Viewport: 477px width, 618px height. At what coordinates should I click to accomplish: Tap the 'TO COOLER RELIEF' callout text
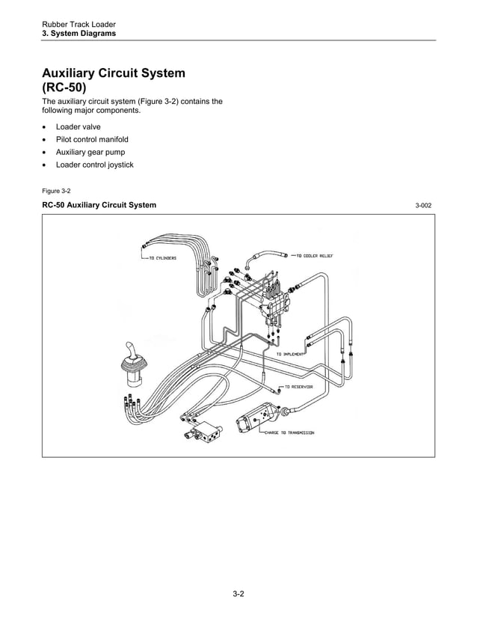tap(314, 255)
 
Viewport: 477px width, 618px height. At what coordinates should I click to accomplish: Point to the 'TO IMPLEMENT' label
tap(290, 353)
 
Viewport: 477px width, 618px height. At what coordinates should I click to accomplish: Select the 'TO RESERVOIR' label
tap(298, 387)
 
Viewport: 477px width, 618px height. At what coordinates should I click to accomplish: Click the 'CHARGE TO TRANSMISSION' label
tap(288, 432)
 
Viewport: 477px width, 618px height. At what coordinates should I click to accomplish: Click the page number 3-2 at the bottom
tap(238, 595)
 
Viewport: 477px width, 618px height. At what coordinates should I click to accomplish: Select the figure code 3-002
tap(424, 206)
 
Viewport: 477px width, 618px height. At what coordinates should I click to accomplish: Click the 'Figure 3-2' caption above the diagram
tap(56, 191)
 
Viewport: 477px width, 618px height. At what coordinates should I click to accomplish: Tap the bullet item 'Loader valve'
tap(78, 127)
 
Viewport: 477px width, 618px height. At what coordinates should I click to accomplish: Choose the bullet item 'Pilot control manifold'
tap(92, 140)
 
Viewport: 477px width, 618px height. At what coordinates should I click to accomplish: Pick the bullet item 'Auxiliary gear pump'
tap(90, 152)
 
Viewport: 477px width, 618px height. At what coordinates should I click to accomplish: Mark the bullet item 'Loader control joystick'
tap(94, 165)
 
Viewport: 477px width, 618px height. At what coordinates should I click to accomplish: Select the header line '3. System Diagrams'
tap(79, 34)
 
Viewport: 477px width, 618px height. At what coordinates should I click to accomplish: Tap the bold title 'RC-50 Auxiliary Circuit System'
tap(99, 205)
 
